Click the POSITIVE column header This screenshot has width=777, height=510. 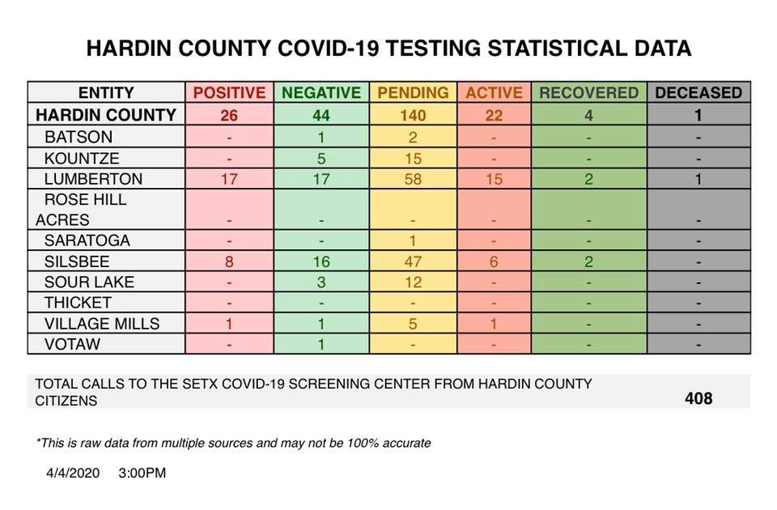(229, 92)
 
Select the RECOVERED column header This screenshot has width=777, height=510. (588, 92)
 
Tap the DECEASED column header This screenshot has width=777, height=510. (698, 92)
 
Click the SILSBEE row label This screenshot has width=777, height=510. (77, 261)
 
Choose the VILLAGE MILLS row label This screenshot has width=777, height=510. (102, 323)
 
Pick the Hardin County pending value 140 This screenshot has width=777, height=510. (413, 115)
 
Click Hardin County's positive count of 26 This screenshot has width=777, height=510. (229, 115)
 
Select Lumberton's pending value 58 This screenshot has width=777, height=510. (413, 179)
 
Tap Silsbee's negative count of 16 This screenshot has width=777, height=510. (321, 261)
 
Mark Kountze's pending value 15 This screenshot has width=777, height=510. (413, 158)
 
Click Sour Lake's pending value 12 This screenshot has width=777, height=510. (413, 282)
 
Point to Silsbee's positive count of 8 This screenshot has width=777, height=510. (229, 261)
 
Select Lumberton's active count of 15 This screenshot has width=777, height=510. (494, 179)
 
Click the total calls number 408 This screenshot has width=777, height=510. (698, 398)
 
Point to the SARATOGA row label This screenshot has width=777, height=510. (87, 240)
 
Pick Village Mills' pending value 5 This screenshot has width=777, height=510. (413, 323)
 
